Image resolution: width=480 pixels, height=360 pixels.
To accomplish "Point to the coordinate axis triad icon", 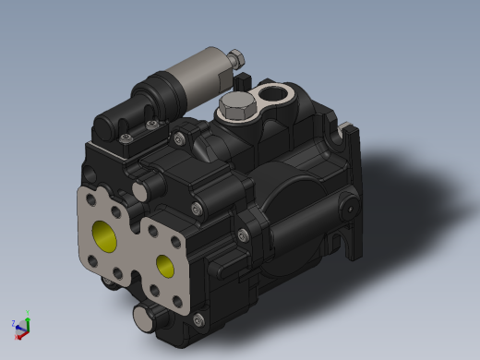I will (x=22, y=324).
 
